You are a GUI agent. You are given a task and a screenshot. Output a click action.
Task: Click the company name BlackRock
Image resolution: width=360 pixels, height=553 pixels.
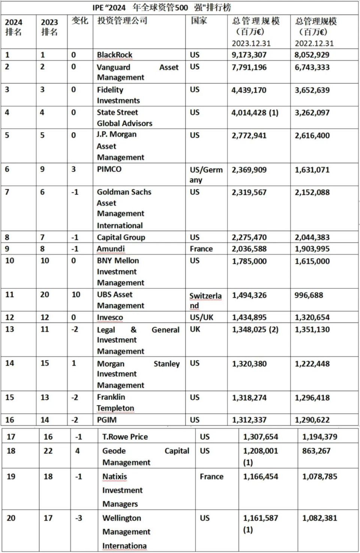point(114,55)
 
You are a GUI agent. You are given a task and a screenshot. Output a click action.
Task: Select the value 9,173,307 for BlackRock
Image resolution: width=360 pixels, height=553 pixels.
point(249,55)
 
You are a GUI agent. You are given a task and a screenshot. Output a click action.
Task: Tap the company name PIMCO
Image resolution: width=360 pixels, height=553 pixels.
point(109,169)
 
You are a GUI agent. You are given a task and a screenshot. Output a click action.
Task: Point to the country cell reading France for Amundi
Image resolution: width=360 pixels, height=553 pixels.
point(201,249)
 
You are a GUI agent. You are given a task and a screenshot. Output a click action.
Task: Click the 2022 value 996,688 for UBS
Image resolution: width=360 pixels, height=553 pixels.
point(309,295)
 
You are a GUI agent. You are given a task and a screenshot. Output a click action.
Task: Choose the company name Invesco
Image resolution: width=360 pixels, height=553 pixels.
point(110,317)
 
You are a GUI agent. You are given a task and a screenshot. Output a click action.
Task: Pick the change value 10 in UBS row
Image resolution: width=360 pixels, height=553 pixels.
point(76,294)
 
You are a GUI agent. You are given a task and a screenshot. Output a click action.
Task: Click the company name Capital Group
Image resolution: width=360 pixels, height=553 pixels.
point(121,237)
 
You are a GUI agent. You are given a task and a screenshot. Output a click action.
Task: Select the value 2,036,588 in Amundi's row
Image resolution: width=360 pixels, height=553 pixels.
point(249,249)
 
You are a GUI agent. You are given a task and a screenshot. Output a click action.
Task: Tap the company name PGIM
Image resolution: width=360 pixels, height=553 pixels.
point(107,420)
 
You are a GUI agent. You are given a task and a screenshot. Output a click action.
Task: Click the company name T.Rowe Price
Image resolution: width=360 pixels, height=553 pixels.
point(125,436)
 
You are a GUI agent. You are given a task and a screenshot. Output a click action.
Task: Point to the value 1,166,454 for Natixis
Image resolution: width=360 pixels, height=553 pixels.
point(261,477)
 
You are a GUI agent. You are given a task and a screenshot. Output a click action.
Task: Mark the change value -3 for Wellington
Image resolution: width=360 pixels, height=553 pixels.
point(78,518)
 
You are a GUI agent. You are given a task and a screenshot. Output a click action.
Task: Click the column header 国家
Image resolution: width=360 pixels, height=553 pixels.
point(199,21)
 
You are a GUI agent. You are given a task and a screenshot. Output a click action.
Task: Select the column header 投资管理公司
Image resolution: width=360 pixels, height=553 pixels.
point(122,21)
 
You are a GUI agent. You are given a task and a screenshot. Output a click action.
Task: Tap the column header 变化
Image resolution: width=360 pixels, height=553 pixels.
point(80,21)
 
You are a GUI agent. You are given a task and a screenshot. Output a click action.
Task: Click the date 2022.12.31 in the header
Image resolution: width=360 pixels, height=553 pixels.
point(314,43)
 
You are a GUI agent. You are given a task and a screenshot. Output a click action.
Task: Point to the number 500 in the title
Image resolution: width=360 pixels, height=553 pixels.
point(181,7)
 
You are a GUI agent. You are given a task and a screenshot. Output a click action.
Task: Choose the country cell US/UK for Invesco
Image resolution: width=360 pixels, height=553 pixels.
point(201,317)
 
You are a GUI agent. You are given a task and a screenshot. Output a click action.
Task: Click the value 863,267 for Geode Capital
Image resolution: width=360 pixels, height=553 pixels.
point(316,451)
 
